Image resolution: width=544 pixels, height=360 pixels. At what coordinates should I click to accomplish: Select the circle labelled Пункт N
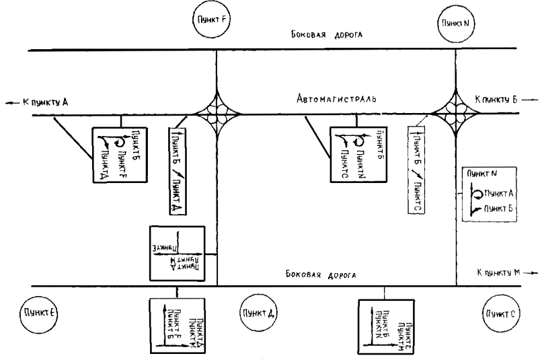click(x=457, y=22)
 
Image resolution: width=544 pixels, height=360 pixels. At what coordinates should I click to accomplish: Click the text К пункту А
click(x=40, y=102)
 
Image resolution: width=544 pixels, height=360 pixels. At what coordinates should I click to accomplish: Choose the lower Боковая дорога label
click(x=321, y=275)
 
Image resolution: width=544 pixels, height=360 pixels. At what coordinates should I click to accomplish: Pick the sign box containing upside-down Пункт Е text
click(x=177, y=251)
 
